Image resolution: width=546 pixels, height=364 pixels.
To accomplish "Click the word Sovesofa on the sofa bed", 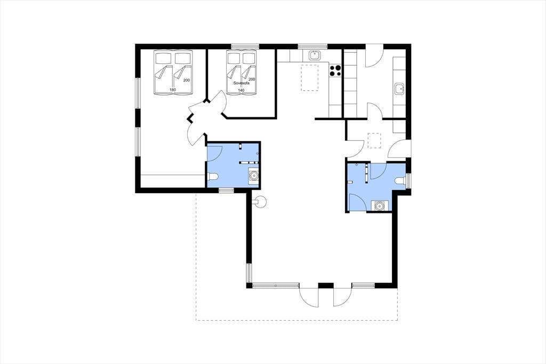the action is tap(242, 83).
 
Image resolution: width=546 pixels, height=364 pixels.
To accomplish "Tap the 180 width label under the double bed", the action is tap(172, 90).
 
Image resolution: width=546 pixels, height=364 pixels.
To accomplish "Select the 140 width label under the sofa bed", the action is tap(241, 90).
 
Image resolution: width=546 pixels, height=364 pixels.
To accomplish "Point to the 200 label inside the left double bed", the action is tap(187, 80).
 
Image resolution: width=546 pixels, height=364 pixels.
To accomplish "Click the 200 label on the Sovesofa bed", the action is tap(252, 79).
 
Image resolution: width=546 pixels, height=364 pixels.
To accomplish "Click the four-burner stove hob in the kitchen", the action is tap(335, 71).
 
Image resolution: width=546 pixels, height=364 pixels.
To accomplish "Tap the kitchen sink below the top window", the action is tap(315, 55).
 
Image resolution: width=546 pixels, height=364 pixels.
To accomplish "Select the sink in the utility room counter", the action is tap(399, 89).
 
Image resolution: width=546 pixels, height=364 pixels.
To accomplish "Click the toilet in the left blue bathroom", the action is tap(212, 177).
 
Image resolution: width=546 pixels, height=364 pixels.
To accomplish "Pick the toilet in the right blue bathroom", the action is tap(401, 180).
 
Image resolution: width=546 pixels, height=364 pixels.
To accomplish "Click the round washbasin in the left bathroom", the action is tap(253, 176).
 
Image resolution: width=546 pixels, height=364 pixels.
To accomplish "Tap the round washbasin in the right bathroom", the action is tap(379, 205).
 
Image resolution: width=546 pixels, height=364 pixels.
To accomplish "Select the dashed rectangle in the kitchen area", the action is tap(310, 78).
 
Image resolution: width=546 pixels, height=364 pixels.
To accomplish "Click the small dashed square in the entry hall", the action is tap(375, 140).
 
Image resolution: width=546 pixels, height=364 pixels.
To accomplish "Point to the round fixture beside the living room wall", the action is tap(260, 202).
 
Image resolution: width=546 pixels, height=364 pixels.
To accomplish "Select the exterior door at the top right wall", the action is tap(374, 56).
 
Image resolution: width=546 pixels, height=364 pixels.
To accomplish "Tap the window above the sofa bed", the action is tap(245, 46).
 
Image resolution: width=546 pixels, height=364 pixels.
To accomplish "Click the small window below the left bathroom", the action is tap(226, 190).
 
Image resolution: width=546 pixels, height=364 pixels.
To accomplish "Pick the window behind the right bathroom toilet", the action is tap(408, 181).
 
